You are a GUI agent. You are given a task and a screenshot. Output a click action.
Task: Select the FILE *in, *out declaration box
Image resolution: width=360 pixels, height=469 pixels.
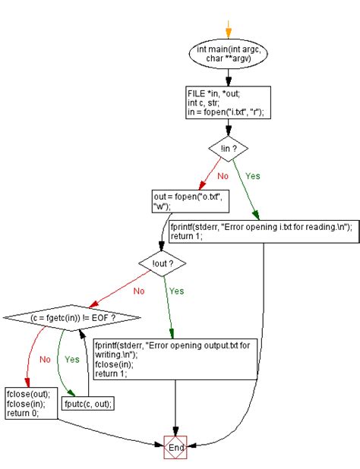tap(229, 102)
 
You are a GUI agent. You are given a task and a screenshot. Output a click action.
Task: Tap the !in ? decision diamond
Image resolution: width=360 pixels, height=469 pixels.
tap(229, 148)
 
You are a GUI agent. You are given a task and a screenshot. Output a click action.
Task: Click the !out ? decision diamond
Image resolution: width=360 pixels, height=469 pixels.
tap(163, 263)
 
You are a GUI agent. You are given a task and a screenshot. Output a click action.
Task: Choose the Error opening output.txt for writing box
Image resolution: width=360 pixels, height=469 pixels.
tap(175, 359)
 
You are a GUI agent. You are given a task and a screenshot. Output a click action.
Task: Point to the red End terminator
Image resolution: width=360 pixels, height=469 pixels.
tap(175, 448)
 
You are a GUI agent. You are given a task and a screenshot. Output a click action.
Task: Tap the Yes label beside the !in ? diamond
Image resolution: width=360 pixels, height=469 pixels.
tap(252, 176)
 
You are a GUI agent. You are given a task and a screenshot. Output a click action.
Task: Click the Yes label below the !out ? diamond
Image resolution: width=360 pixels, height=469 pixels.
tap(176, 291)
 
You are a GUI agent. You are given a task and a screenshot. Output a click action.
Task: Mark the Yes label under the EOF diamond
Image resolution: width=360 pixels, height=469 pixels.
tap(74, 359)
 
